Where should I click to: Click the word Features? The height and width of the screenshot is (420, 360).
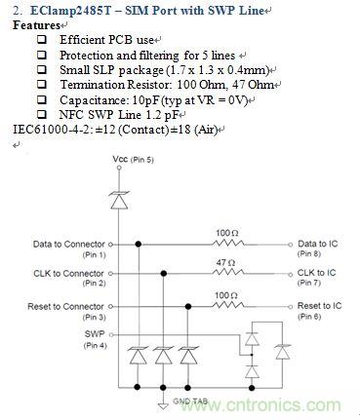click(35, 23)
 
